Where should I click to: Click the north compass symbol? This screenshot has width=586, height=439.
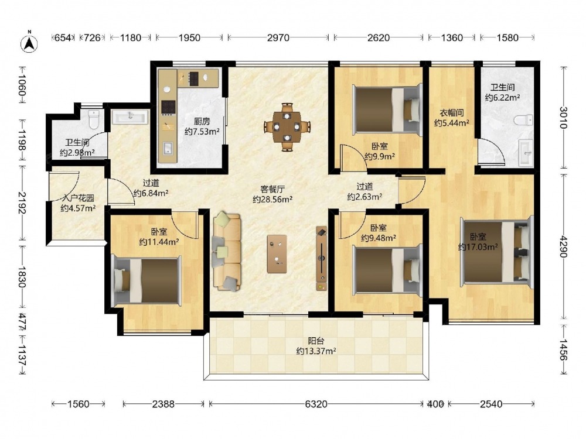[x=29, y=43]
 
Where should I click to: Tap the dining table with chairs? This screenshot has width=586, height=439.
[x=287, y=127]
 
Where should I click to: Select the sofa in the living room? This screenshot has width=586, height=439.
[x=227, y=251]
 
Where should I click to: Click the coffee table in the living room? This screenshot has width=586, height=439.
[x=277, y=254]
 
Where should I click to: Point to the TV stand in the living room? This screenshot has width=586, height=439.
[x=321, y=258]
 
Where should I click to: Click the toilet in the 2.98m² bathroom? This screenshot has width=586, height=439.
[x=94, y=119]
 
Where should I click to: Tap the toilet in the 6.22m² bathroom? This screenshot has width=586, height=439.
[x=523, y=120]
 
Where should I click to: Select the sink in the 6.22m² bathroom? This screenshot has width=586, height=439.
[x=526, y=153]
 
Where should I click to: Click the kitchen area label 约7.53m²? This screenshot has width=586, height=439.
[x=202, y=131]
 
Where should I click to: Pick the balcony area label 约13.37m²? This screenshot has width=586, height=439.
[x=316, y=351]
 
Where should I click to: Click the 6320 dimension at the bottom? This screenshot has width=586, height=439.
[x=316, y=404]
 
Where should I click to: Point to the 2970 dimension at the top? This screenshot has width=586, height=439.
[x=278, y=37]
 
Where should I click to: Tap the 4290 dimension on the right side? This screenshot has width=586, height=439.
[x=563, y=246]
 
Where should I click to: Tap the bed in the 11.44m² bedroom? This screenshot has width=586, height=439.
[x=147, y=281]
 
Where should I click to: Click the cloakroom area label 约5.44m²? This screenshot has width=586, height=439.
[x=451, y=122]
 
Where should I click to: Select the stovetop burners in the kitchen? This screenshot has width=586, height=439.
[x=168, y=108]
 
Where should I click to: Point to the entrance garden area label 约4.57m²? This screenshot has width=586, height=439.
[x=78, y=208]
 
